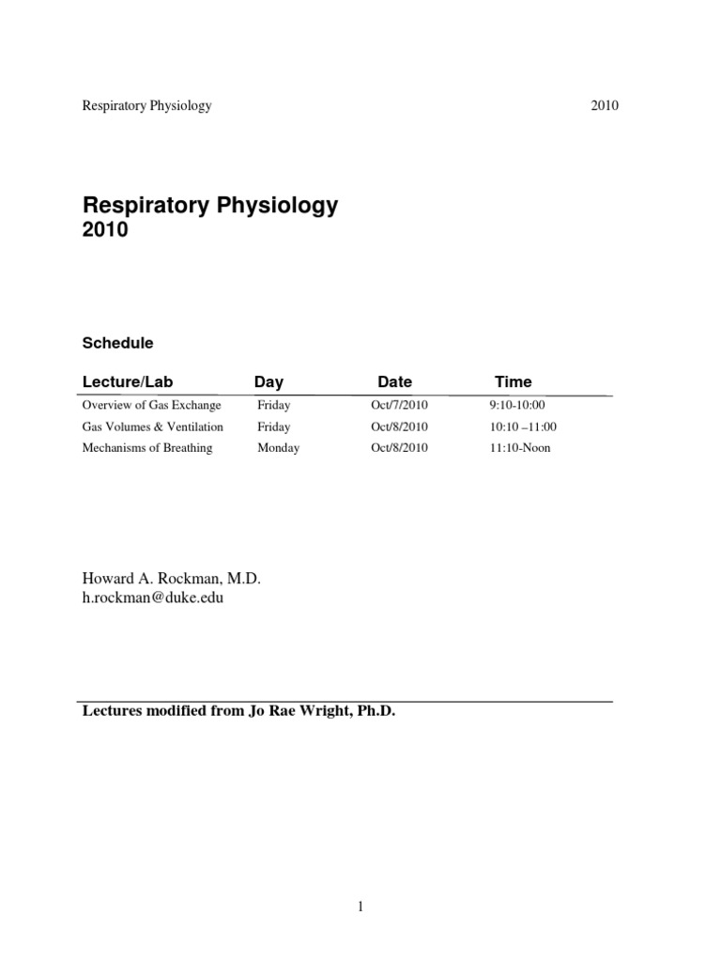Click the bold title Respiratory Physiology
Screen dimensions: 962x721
click(210, 206)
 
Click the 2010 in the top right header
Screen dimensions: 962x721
click(605, 105)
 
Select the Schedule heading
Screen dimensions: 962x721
click(117, 343)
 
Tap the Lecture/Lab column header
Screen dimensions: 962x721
click(128, 381)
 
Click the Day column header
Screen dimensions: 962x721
click(268, 381)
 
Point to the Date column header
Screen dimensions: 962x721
click(394, 381)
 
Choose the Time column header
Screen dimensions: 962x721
click(513, 381)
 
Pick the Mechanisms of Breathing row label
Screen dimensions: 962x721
click(147, 448)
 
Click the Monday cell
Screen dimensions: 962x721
click(279, 448)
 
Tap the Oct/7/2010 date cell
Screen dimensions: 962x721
click(399, 405)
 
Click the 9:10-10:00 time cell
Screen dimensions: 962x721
click(517, 405)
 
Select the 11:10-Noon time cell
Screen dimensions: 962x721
click(520, 448)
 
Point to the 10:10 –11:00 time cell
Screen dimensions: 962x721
click(523, 427)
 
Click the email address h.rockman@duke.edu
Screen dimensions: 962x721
click(153, 597)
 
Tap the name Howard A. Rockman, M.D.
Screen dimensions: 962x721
click(172, 579)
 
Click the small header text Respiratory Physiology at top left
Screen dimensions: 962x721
click(147, 105)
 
